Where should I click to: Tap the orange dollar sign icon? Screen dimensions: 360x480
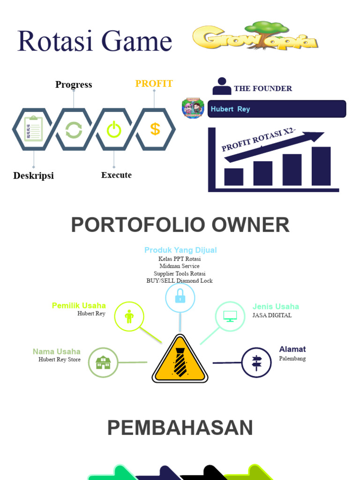pyautogui.click(x=155, y=129)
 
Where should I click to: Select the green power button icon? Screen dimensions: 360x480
pyautogui.click(x=114, y=129)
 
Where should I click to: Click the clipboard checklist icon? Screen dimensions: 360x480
pyautogui.click(x=33, y=129)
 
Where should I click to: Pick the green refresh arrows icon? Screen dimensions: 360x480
pyautogui.click(x=74, y=129)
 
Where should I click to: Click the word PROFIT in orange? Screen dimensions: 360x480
pyautogui.click(x=154, y=84)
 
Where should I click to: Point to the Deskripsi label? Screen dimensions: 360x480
pyautogui.click(x=33, y=176)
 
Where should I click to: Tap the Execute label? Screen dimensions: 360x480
pyautogui.click(x=116, y=175)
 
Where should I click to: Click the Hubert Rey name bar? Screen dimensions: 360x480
pyautogui.click(x=277, y=109)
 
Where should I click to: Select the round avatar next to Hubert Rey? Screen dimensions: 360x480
pyautogui.click(x=193, y=108)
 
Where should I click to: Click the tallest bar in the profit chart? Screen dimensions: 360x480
pyautogui.click(x=321, y=166)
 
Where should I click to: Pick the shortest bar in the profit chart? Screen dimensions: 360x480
pyautogui.click(x=233, y=177)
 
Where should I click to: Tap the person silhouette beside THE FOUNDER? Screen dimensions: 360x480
pyautogui.click(x=222, y=86)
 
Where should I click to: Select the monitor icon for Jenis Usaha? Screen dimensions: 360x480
pyautogui.click(x=230, y=316)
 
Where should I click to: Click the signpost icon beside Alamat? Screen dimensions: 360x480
pyautogui.click(x=256, y=362)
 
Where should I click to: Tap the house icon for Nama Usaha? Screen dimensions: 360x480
pyautogui.click(x=103, y=362)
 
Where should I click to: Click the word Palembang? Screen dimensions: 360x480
pyautogui.click(x=292, y=359)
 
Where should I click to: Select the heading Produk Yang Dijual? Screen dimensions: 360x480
pyautogui.click(x=180, y=250)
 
